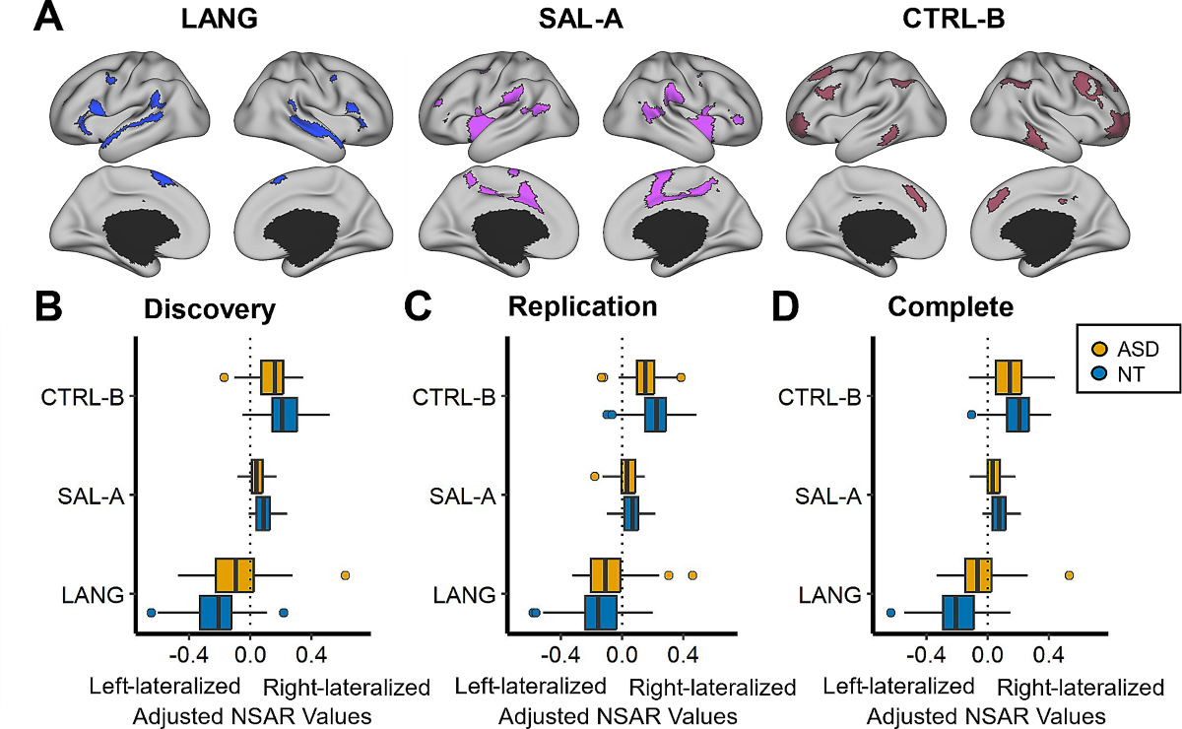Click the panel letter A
(x=49, y=20)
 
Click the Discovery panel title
(x=209, y=308)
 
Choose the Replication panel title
(x=582, y=306)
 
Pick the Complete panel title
(x=951, y=306)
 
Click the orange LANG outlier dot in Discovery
(x=345, y=575)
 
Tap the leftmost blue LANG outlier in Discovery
(x=151, y=613)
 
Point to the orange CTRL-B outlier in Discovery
(x=224, y=377)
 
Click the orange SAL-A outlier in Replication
(x=594, y=476)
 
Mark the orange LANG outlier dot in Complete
(x=1069, y=575)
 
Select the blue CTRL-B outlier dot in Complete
(x=971, y=415)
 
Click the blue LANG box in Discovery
(x=216, y=613)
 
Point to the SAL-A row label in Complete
(x=827, y=496)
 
